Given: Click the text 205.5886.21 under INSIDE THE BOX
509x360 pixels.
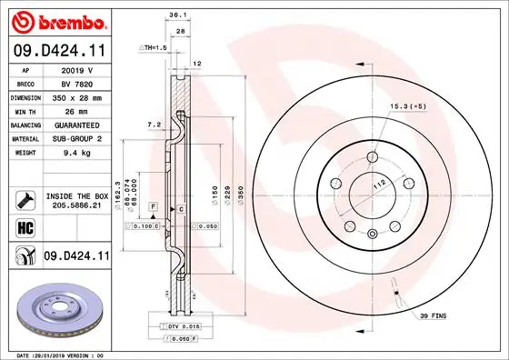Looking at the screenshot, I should (x=76, y=206).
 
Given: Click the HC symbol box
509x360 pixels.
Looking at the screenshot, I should (x=24, y=228).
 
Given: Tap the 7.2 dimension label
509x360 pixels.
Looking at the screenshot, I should (x=155, y=123).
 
